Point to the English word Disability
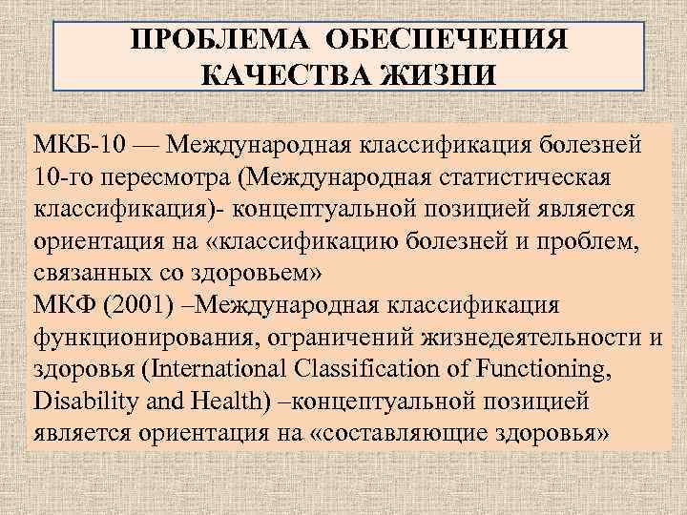click(78, 395)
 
